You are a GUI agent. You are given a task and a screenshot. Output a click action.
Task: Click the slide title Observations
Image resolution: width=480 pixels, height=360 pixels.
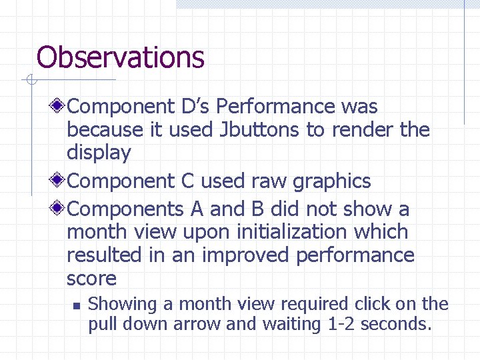coord(120,57)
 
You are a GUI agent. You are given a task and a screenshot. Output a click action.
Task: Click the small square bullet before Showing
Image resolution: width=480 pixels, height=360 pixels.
coord(75,306)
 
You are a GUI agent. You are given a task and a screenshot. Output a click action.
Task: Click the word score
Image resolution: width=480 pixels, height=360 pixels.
coord(91,279)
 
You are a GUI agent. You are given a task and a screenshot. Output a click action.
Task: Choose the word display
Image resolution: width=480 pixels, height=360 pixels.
coord(99,153)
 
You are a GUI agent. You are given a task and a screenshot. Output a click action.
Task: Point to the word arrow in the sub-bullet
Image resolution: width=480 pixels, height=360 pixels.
coord(198,325)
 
